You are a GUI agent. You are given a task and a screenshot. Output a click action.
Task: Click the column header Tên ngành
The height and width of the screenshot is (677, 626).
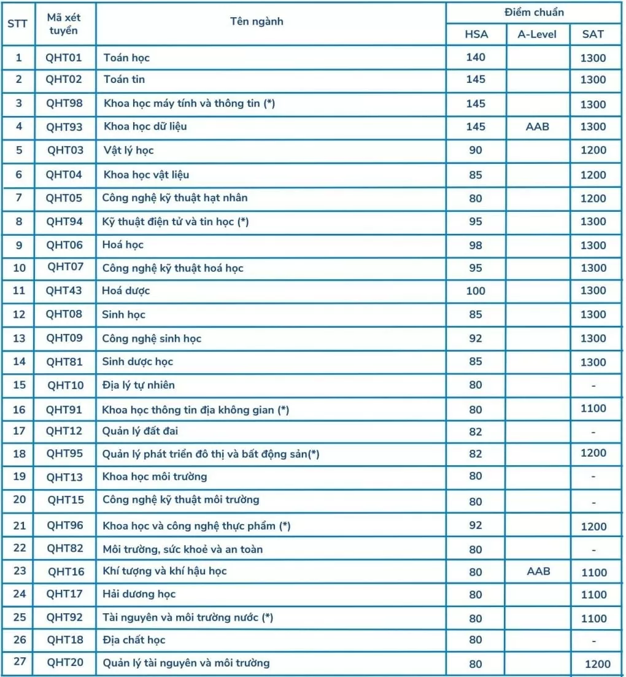[x=257, y=21]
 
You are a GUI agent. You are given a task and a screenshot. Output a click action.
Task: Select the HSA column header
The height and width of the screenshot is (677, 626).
[x=476, y=34]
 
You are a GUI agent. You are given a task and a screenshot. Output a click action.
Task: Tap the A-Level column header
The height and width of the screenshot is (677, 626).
[x=537, y=34]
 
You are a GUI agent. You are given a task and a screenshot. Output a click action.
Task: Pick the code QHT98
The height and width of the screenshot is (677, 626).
[x=64, y=103]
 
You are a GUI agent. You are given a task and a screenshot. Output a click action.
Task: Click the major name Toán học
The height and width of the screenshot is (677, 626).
[x=126, y=58]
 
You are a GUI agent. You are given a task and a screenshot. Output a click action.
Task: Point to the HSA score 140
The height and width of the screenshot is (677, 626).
[x=476, y=57]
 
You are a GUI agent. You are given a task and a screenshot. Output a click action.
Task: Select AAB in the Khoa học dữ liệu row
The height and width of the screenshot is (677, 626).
[x=538, y=126]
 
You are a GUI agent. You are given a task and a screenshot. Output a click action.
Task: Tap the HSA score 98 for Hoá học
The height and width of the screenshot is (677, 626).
[x=476, y=245]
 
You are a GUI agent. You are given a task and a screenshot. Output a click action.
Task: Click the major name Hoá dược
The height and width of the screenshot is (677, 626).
[x=126, y=290]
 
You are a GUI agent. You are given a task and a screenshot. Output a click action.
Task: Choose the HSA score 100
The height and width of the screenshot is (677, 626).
[x=476, y=291]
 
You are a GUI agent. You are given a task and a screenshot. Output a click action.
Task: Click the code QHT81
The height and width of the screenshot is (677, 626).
[x=64, y=362]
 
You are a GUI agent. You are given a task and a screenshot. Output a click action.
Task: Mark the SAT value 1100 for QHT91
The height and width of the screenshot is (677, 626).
[x=593, y=408]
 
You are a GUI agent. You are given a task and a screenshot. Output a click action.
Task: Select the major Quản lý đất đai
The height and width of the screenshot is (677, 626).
[x=140, y=431]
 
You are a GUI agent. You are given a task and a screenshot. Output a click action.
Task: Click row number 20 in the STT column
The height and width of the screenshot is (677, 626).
[x=20, y=499]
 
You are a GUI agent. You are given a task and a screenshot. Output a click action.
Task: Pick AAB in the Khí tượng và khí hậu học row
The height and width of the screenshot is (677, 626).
[x=538, y=571]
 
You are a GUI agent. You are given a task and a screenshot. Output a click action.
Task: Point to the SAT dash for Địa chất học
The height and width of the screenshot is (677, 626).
[x=593, y=641]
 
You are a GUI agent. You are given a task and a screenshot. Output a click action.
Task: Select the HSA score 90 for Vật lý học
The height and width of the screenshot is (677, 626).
[x=476, y=150]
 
